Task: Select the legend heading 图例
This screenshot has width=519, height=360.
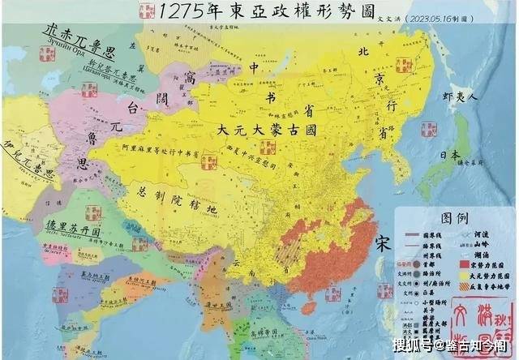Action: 452,218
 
